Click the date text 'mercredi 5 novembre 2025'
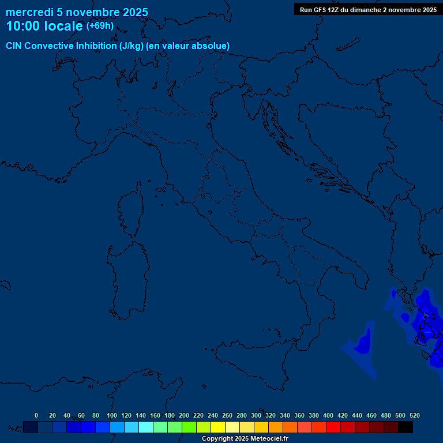coord(77,12)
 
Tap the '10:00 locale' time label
coord(44,27)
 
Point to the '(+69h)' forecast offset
coord(100,26)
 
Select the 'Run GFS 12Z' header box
coord(368,10)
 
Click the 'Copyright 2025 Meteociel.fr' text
coord(245,439)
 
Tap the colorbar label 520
coord(414,415)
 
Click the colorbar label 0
coord(36,415)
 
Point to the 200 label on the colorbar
coord(184,415)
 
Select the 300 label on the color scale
coord(256,415)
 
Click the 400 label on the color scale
coord(328,415)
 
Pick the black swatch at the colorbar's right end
coord(406,427)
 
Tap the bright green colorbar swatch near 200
coord(189,427)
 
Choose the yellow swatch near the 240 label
coord(218,427)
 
